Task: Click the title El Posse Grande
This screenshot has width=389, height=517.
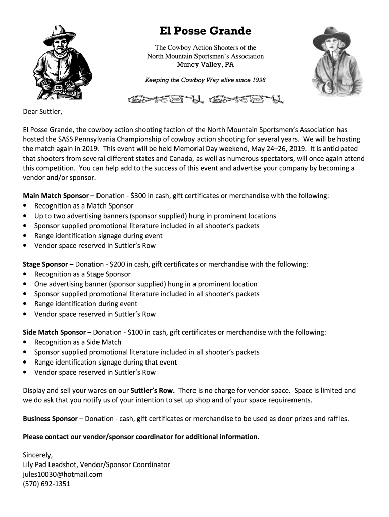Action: (x=205, y=31)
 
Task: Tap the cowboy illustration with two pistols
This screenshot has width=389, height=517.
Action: (x=60, y=63)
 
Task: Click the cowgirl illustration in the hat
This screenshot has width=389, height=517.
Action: (x=331, y=61)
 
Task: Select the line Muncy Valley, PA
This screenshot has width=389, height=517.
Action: (x=205, y=65)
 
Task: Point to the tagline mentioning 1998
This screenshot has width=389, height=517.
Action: (x=205, y=80)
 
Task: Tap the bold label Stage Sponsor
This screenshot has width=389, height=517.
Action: (x=45, y=264)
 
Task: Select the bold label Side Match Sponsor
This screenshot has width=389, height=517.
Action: (x=54, y=332)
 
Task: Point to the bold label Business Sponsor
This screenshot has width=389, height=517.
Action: (x=50, y=419)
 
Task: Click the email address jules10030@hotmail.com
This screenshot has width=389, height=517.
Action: (x=63, y=474)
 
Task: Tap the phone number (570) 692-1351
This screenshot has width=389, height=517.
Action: (x=46, y=484)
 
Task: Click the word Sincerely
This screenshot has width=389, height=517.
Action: (x=37, y=454)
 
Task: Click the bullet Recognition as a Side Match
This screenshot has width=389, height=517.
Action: (x=78, y=342)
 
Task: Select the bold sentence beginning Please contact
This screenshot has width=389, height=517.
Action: (x=141, y=437)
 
